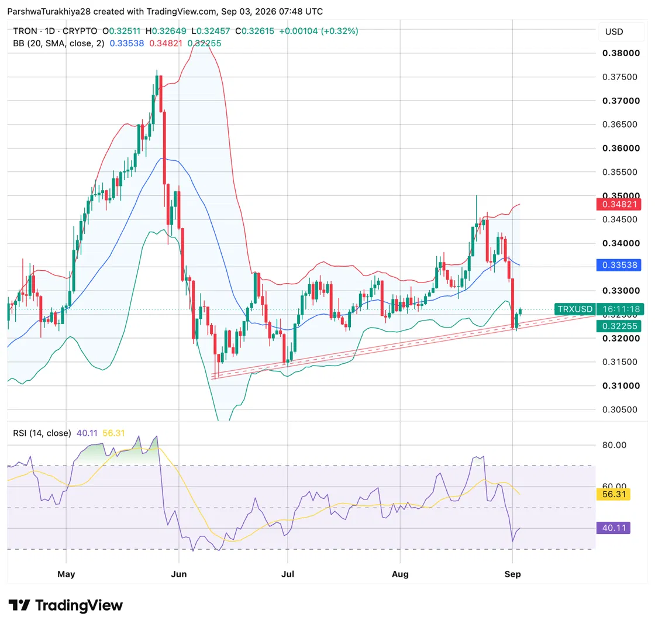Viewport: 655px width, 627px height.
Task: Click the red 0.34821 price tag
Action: [x=619, y=204]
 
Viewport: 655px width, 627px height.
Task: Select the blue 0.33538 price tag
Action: [x=619, y=265]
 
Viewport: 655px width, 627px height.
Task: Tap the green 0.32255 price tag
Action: [x=619, y=326]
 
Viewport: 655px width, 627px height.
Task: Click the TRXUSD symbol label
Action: [x=575, y=309]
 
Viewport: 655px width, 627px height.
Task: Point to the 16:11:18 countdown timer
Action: [x=620, y=309]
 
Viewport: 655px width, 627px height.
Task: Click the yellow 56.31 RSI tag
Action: [x=613, y=494]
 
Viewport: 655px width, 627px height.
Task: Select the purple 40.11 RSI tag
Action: [x=613, y=528]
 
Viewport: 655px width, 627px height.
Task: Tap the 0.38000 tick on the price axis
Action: [x=620, y=53]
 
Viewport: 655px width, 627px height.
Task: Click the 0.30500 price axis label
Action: [x=620, y=409]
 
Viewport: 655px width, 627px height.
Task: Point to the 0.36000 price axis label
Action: [x=620, y=149]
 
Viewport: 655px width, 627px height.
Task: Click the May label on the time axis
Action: [x=66, y=574]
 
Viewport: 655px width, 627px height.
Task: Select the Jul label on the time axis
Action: [x=287, y=574]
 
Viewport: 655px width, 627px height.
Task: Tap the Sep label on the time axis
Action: [x=512, y=574]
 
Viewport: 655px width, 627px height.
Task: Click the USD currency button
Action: [x=614, y=32]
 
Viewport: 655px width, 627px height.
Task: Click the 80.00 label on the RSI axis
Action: [x=614, y=445]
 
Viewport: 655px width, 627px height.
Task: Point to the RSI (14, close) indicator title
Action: [x=42, y=433]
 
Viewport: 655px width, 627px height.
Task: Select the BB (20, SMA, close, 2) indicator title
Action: [x=58, y=43]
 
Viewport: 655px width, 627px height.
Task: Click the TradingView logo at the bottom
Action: [x=65, y=605]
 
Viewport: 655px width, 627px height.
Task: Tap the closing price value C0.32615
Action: [x=254, y=31]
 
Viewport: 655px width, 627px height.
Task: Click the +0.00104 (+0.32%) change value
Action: [x=319, y=31]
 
